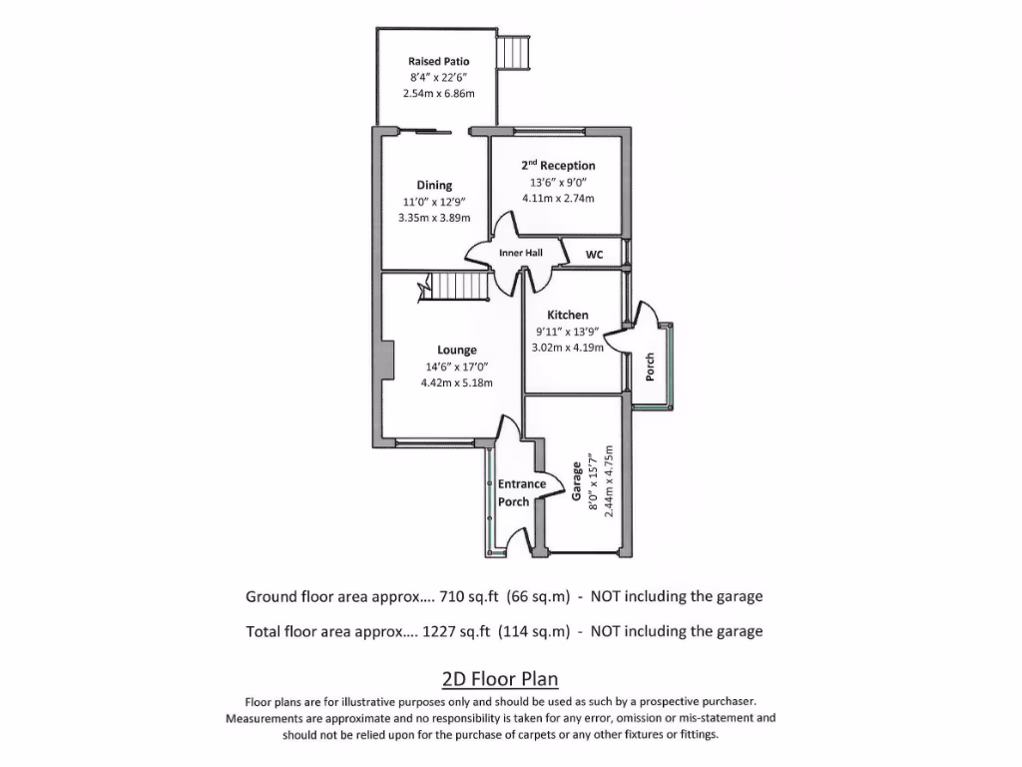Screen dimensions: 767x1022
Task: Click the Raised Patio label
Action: (x=438, y=61)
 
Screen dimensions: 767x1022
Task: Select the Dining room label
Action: (x=434, y=185)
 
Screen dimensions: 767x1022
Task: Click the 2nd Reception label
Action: (x=558, y=165)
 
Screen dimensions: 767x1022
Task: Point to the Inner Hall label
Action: (x=520, y=254)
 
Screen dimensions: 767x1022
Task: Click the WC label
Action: (x=594, y=255)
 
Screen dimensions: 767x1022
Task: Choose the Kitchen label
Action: (x=568, y=315)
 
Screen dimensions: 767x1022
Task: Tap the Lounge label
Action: (x=456, y=350)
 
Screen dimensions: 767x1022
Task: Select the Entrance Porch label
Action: (x=521, y=492)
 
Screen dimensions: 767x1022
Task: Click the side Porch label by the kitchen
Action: (x=650, y=366)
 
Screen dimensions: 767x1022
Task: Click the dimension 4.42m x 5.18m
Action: (x=456, y=383)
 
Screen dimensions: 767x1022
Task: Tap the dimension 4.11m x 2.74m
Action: (x=558, y=198)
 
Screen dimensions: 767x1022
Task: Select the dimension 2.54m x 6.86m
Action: (x=438, y=93)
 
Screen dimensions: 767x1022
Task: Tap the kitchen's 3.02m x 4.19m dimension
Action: (x=568, y=348)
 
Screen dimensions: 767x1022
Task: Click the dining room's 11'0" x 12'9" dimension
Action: (x=434, y=201)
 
